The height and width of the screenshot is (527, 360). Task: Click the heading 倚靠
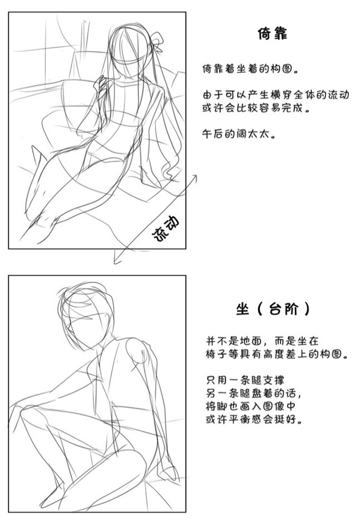(272, 33)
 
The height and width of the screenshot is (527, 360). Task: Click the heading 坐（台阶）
(273, 309)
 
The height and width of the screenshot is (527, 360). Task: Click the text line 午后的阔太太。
(239, 134)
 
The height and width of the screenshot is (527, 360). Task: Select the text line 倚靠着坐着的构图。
(251, 69)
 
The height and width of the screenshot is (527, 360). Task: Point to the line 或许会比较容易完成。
(256, 108)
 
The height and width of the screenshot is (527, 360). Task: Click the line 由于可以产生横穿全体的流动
(276, 95)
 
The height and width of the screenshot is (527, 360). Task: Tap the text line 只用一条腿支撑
(245, 380)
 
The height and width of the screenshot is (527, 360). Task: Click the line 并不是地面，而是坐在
(262, 341)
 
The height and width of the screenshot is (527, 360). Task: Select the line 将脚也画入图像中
(251, 406)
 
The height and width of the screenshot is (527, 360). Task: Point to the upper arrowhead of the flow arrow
(194, 177)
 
